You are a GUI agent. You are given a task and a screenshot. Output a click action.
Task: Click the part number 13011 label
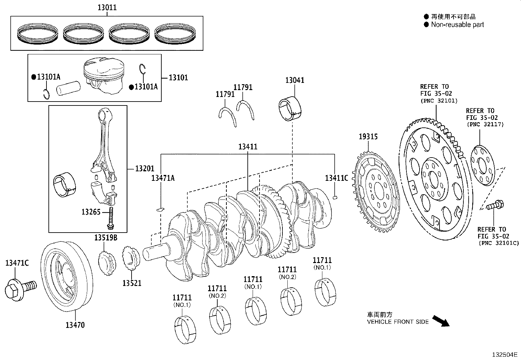coord(107,7)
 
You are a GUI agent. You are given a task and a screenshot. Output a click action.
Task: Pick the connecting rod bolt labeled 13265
coord(111,218)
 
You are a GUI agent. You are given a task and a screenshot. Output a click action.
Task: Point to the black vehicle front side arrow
coord(441,321)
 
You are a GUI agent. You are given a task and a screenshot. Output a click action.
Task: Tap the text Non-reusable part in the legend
coord(457,25)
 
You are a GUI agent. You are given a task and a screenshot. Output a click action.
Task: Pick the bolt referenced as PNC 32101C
coord(495,206)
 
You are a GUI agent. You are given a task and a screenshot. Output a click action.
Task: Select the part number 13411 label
coord(248,147)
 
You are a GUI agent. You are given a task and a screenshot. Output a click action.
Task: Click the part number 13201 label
coord(145,169)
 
